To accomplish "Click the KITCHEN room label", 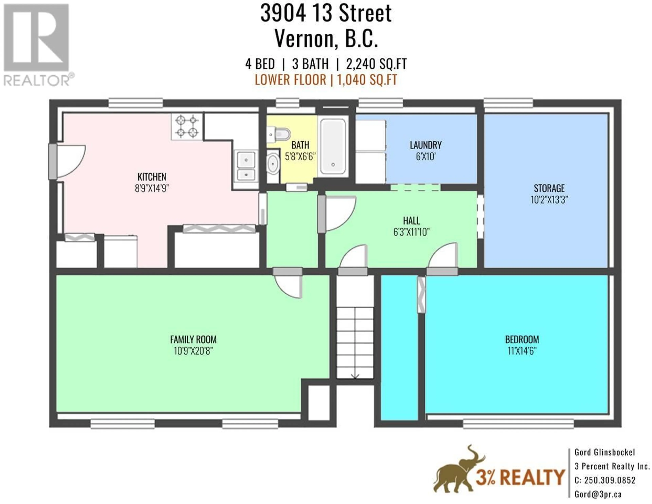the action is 152,177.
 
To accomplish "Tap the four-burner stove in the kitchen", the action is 187,126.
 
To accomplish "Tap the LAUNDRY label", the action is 425,145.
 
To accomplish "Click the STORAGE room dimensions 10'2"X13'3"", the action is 549,200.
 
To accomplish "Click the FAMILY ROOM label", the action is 193,340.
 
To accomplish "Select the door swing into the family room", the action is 288,287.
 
